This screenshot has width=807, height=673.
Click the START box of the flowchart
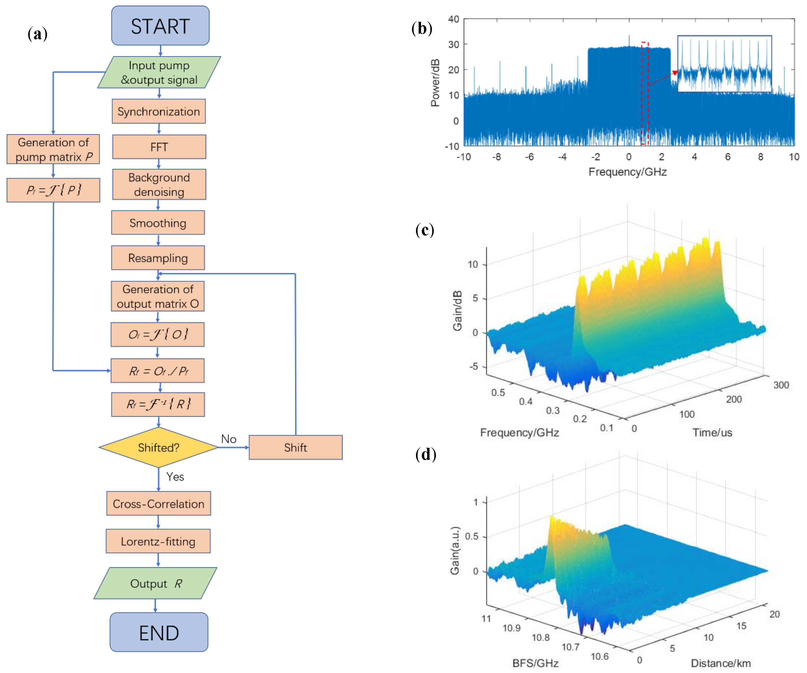pos(160,26)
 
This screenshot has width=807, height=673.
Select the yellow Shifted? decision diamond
pos(158,448)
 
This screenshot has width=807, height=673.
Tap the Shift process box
pos(295,448)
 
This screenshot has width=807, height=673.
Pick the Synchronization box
pos(158,111)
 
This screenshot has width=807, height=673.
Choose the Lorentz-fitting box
pos(158,541)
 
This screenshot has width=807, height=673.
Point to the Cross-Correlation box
pos(158,504)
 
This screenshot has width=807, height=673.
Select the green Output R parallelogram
pos(155,583)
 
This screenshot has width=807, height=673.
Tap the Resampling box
pos(158,258)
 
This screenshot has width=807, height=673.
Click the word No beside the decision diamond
pos(229,439)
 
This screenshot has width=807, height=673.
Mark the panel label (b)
pos(422,29)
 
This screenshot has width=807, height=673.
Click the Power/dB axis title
pos(435,83)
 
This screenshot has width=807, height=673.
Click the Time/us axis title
pos(712,433)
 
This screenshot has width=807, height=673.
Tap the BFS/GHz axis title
pos(535,663)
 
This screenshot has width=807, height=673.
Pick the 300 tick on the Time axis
pos(781,385)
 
